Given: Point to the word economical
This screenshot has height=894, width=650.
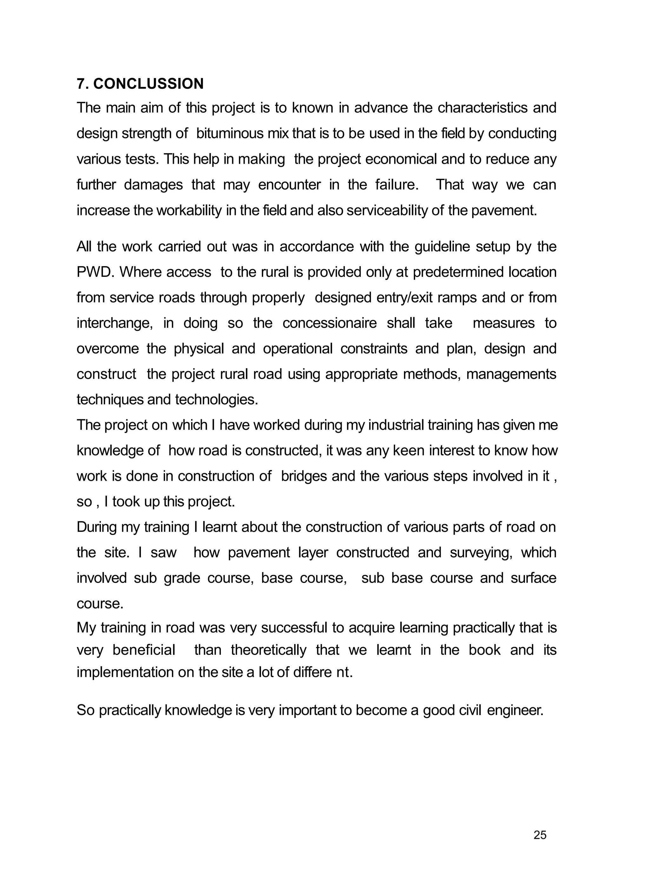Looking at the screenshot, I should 401,159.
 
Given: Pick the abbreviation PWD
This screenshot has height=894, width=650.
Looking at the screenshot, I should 94,272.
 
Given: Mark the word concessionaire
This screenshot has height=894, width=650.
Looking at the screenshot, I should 329,323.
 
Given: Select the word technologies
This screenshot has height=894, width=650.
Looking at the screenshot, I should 216,400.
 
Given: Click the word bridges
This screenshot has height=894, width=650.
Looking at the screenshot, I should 304,476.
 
